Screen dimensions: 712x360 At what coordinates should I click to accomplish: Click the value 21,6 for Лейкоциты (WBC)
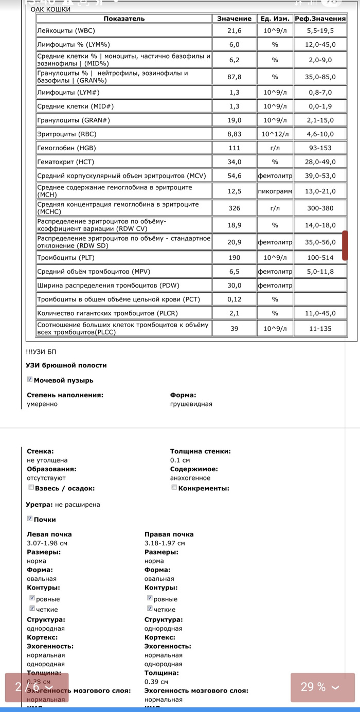tap(234, 31)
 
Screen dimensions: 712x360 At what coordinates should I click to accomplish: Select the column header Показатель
tap(124, 19)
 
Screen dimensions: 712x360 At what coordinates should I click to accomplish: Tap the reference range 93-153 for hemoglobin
tap(319, 148)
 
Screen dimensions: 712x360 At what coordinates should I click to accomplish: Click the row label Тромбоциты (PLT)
tap(66, 258)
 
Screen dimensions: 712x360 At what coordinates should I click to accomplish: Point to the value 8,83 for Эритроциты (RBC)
tap(234, 134)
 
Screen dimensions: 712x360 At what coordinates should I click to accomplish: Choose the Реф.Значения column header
tap(320, 19)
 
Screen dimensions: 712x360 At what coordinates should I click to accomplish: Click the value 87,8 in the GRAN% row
tap(234, 77)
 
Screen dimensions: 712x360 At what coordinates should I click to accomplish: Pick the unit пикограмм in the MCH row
tap(275, 191)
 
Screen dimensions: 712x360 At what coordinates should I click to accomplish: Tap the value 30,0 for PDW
tap(234, 286)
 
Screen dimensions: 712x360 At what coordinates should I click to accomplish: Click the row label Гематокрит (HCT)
tap(66, 162)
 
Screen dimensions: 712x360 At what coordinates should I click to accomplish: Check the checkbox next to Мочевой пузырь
tap(30, 379)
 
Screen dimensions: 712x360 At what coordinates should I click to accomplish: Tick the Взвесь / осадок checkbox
tap(31, 487)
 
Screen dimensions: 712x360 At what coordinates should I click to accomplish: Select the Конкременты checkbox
tap(174, 487)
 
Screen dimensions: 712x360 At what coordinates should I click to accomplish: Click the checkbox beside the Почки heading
tap(30, 519)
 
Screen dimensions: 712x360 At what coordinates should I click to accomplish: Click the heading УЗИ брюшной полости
tap(66, 365)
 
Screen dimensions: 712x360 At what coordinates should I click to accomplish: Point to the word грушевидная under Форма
tap(191, 404)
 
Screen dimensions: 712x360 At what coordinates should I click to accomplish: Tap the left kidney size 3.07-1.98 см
tap(47, 543)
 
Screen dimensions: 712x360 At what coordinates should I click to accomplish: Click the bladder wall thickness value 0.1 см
tap(180, 460)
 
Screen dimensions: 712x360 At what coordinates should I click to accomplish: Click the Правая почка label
tap(169, 535)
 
